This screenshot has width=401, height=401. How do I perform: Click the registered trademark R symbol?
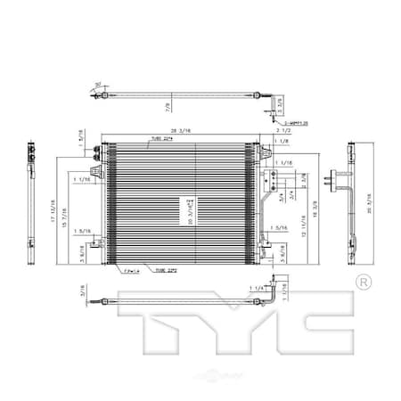point(363,282)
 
